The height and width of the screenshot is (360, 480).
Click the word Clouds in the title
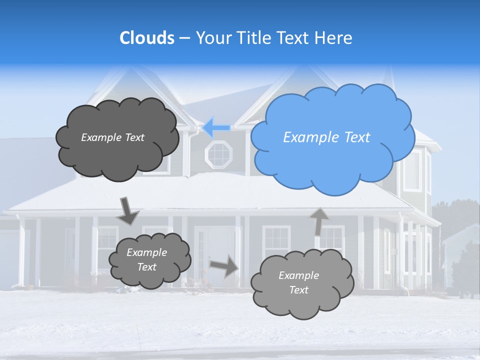[x=146, y=38]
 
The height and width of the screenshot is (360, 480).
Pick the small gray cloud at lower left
[x=149, y=260]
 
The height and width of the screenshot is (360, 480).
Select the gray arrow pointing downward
[x=128, y=210]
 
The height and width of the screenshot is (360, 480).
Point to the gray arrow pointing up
[x=319, y=221]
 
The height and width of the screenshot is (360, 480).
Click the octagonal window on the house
[x=219, y=154]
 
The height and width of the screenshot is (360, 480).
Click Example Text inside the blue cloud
[x=326, y=137]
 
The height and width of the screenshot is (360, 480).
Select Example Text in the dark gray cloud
[x=112, y=137]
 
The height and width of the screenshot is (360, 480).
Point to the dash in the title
[x=184, y=38]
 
